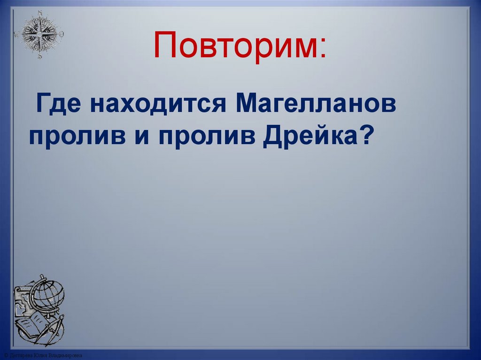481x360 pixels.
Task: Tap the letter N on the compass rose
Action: (39, 13)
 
